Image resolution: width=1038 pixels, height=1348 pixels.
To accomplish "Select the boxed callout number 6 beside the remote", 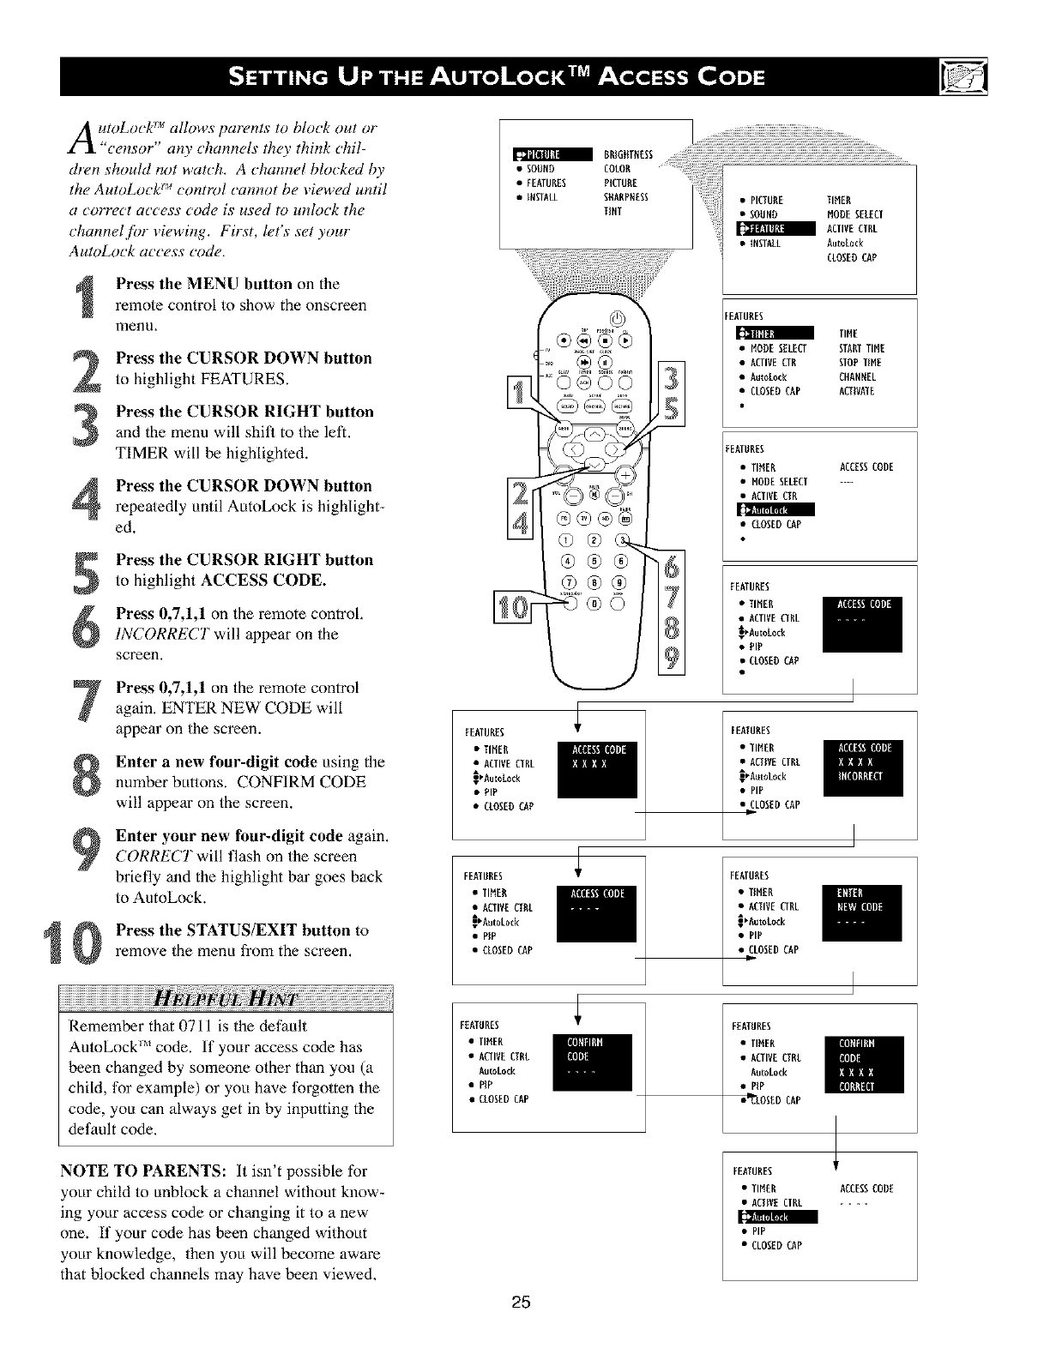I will tap(672, 563).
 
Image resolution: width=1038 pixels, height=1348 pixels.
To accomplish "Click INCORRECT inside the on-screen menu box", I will tap(860, 777).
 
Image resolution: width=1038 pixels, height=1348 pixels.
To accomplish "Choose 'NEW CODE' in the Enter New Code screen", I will tap(860, 907).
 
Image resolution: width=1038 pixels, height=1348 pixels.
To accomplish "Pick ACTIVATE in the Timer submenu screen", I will tap(857, 392).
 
